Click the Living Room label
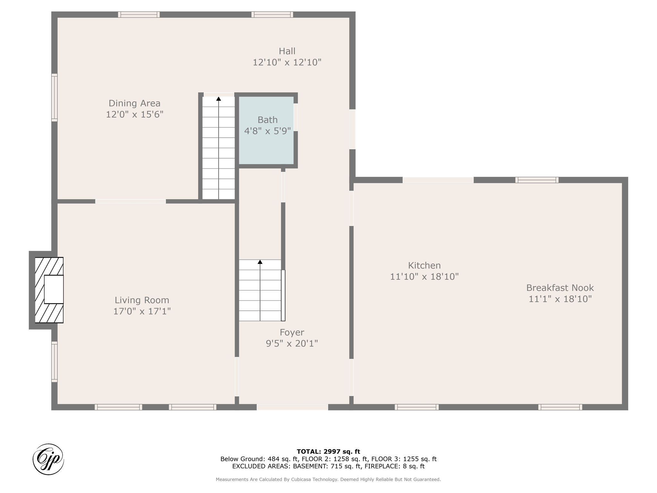point(142,300)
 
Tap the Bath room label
point(267,120)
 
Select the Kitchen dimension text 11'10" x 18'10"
point(424,277)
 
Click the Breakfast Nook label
point(560,288)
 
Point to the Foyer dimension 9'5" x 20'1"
point(292,344)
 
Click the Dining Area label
point(134,103)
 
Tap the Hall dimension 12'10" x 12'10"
point(287,62)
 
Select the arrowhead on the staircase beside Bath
point(218,99)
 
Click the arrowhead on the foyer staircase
point(260,262)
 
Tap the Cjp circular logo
point(48,459)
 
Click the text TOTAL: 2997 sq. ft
point(328,452)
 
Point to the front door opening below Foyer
point(292,407)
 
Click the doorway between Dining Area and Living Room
point(130,201)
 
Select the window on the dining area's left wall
point(55,98)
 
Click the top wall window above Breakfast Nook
point(537,180)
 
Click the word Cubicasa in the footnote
point(303,480)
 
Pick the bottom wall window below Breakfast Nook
point(560,407)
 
